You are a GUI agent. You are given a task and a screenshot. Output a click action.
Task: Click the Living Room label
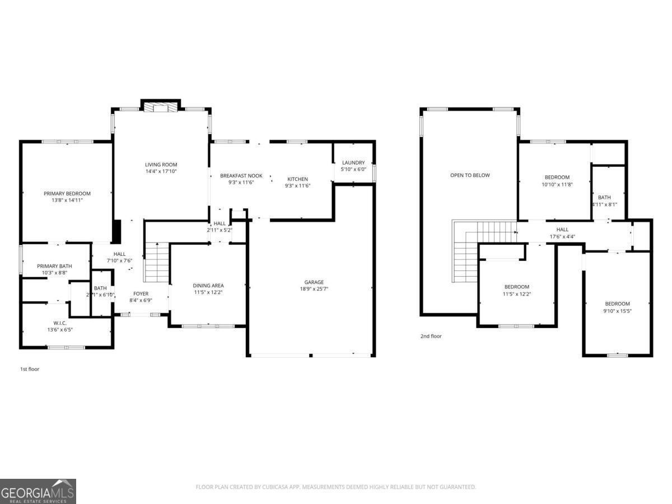coord(161,165)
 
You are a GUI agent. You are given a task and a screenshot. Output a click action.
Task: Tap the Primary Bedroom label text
coord(67,194)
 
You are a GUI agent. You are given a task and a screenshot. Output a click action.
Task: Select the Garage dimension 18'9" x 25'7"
coord(314,290)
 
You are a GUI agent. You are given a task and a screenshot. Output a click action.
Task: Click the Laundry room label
coord(353,162)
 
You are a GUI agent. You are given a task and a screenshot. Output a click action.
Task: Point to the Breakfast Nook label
coord(241,176)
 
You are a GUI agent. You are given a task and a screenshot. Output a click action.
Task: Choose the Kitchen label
coord(297,179)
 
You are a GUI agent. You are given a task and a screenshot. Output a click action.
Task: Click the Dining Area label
coord(208,286)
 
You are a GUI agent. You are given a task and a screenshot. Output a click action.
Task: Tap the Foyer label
coord(141,293)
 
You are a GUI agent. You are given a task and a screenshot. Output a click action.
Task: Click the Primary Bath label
coord(52,266)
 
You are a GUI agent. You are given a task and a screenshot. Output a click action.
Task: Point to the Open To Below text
coord(470,175)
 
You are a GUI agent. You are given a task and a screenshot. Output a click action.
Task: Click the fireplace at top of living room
coord(161,107)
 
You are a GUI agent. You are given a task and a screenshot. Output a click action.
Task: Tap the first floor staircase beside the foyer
coord(156,263)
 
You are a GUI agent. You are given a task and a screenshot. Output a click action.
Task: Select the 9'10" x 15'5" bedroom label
coord(617,304)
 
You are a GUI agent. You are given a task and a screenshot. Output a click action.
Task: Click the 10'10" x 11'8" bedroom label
coord(557,178)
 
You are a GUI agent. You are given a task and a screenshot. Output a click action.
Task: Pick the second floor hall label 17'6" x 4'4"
coord(562,230)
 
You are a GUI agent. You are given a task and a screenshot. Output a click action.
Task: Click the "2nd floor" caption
coord(431,337)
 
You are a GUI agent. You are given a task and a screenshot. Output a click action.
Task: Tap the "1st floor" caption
coord(29,369)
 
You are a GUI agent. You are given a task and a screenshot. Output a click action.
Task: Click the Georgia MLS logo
coord(38,491)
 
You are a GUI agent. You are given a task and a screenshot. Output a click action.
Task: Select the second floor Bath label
coord(604,197)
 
